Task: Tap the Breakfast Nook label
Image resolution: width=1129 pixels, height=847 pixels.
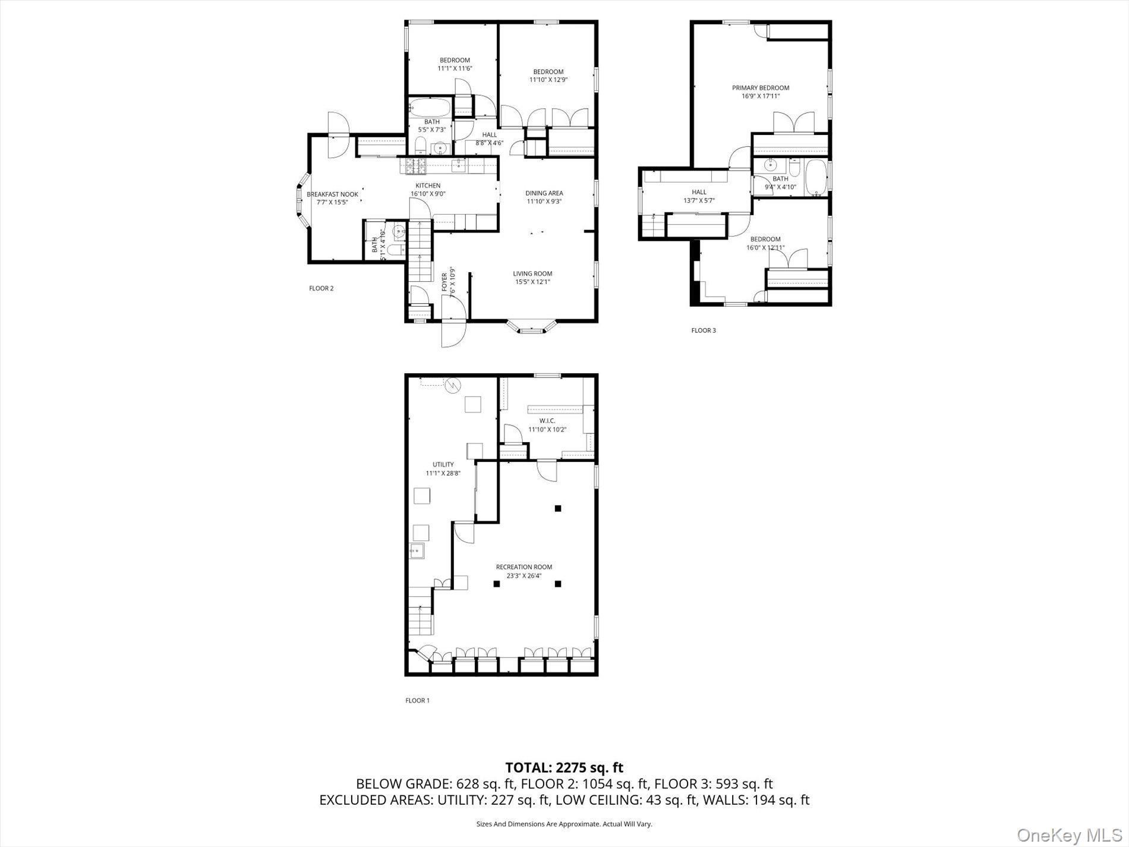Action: pyautogui.click(x=332, y=194)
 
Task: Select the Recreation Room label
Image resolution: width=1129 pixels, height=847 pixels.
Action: pyautogui.click(x=523, y=567)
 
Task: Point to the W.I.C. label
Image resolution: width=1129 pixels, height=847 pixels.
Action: pyautogui.click(x=547, y=421)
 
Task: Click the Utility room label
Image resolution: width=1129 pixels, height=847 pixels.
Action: pyautogui.click(x=443, y=465)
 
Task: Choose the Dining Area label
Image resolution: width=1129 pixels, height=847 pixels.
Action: pyautogui.click(x=544, y=193)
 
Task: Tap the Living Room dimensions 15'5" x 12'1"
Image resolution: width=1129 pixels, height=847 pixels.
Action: pyautogui.click(x=532, y=282)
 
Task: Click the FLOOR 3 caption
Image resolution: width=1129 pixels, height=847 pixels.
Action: pyautogui.click(x=703, y=330)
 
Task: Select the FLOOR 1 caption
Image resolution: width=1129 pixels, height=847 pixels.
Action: pyautogui.click(x=417, y=701)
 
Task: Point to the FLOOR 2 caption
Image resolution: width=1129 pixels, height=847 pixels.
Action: pyautogui.click(x=321, y=289)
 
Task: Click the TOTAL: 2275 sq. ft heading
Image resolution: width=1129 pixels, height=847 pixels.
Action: pyautogui.click(x=564, y=767)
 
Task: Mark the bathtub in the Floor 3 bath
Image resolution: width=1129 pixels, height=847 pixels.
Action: pyautogui.click(x=816, y=177)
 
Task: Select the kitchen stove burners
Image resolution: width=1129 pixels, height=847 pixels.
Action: pyautogui.click(x=413, y=166)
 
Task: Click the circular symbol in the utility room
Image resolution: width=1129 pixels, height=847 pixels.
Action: pyautogui.click(x=453, y=386)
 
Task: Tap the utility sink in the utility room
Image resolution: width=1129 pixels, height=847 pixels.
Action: pyautogui.click(x=417, y=552)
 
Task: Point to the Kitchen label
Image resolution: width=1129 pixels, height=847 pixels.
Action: pyautogui.click(x=428, y=186)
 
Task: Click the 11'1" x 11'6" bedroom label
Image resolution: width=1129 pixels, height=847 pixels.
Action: pyautogui.click(x=455, y=64)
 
